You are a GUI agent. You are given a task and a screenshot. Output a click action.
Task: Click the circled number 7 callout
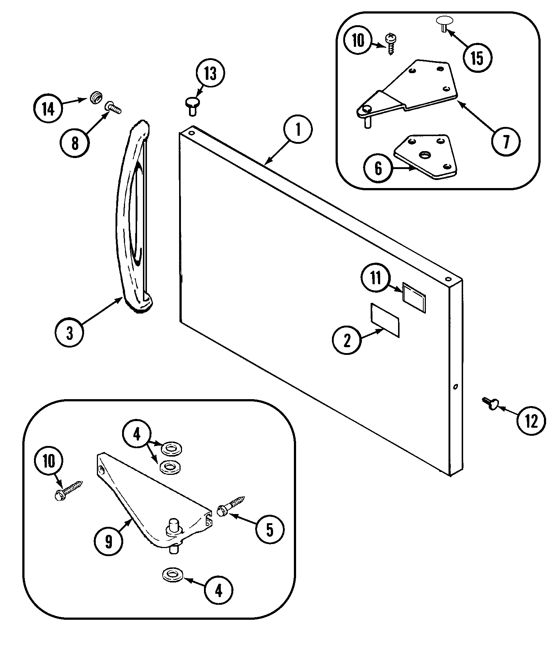point(506,141)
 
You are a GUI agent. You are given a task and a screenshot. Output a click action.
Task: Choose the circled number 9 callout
point(109,541)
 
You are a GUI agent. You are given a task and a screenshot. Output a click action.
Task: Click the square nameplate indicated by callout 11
point(414,297)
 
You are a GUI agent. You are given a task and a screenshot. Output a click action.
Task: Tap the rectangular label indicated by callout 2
point(385,320)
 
